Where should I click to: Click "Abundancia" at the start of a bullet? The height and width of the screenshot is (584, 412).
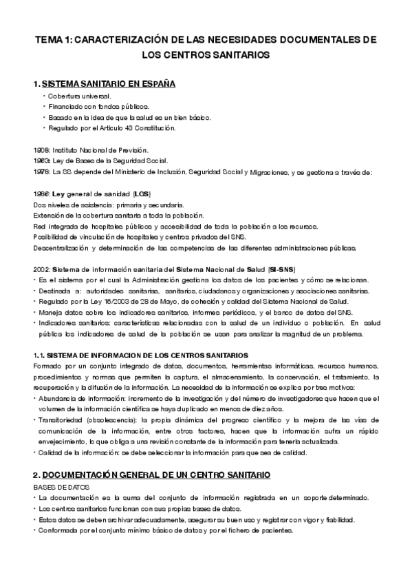pyautogui.click(x=58, y=399)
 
